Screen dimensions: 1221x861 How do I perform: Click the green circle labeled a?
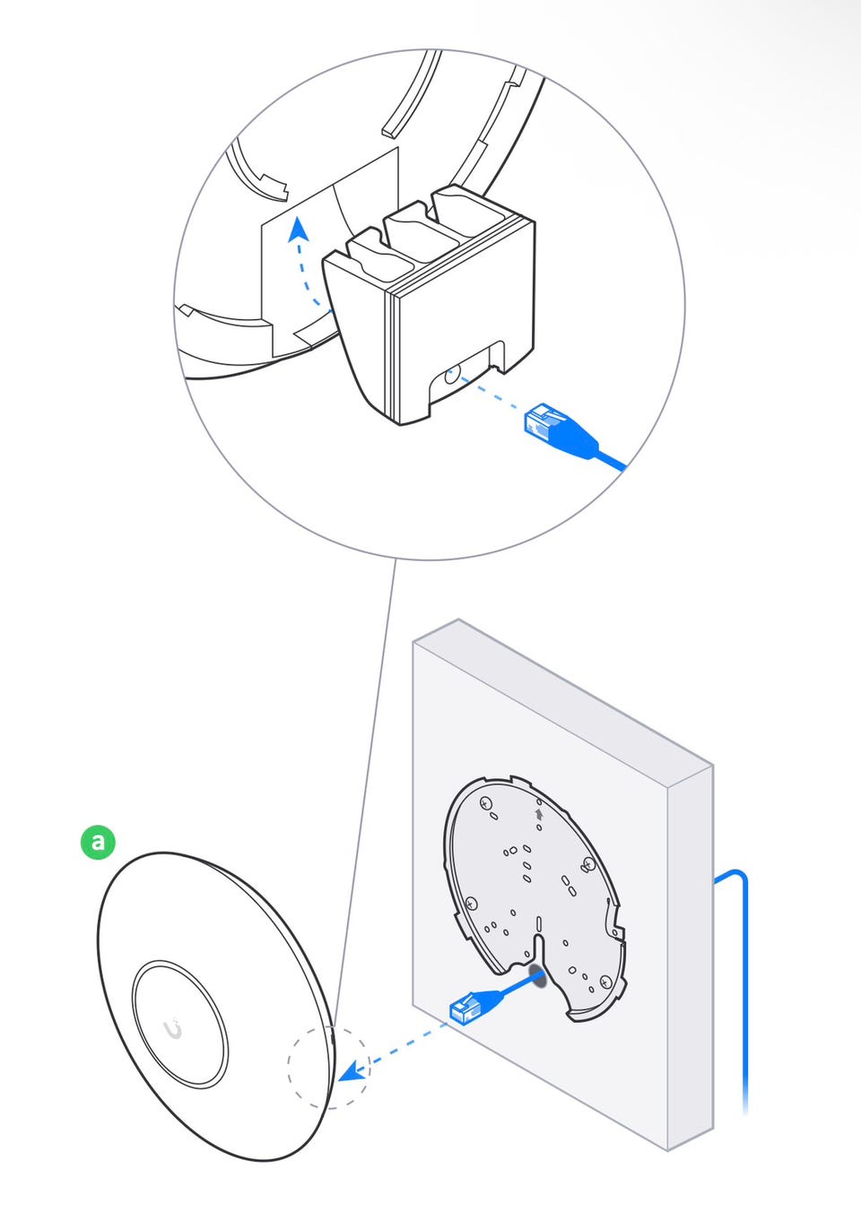coord(98,842)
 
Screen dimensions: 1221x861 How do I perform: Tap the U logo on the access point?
coord(173,1029)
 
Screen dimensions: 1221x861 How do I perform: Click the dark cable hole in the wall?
coord(538,975)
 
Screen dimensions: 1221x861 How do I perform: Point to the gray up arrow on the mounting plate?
coord(538,814)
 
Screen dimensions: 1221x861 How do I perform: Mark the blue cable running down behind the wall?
coord(744,986)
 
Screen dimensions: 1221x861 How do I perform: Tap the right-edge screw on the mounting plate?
coord(588,864)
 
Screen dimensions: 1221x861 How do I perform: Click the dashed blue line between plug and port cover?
coord(489,394)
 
